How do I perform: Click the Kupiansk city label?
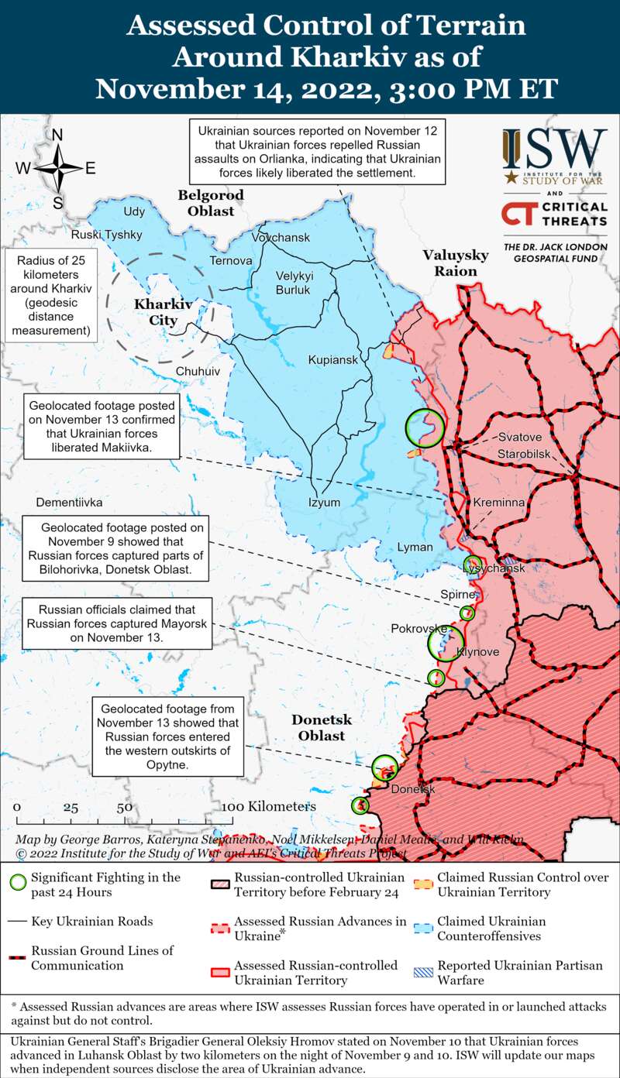(x=332, y=360)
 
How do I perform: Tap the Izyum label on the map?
(x=324, y=502)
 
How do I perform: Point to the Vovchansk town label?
(x=281, y=237)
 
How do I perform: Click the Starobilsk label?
(x=524, y=452)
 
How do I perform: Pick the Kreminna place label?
(x=499, y=503)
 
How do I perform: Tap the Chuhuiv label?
(x=198, y=372)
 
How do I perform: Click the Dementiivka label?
(x=69, y=502)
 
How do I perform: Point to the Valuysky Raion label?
(x=456, y=263)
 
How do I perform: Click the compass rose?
(x=57, y=168)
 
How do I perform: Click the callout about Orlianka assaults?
(x=319, y=153)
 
